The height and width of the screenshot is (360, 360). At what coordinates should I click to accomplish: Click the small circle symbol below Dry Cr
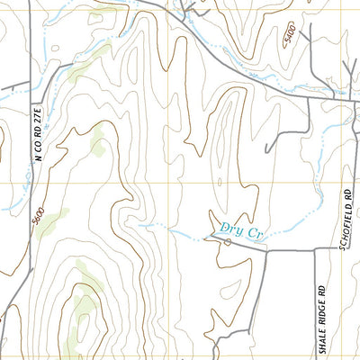click(x=228, y=241)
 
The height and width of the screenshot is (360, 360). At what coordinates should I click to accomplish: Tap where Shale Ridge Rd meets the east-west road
click(x=314, y=251)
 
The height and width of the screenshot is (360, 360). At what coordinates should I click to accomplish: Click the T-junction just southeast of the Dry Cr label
click(x=267, y=251)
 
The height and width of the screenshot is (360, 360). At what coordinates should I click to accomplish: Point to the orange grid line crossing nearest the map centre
click(x=166, y=184)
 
